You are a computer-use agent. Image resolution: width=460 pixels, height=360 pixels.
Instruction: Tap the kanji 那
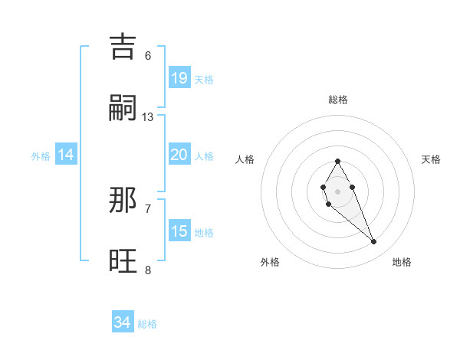[x=123, y=201]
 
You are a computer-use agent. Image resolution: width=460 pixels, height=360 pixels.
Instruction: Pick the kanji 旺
[x=123, y=263]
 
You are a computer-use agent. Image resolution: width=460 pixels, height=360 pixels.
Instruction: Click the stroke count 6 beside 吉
[x=148, y=55]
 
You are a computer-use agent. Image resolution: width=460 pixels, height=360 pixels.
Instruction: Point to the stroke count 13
[x=148, y=117]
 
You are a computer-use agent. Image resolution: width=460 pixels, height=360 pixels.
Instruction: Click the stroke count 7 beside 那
[x=148, y=208]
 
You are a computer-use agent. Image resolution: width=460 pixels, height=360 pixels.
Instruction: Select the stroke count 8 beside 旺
[x=148, y=270]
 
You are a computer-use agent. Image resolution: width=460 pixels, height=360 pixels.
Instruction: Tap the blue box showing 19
[x=179, y=77]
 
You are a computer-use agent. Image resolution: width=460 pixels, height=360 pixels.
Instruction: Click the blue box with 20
[x=179, y=155]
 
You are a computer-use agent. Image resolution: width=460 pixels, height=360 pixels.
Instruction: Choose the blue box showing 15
[x=179, y=231]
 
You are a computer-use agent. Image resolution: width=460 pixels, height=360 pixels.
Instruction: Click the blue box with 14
[x=66, y=155]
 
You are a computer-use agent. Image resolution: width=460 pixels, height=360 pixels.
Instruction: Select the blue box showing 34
[x=123, y=322]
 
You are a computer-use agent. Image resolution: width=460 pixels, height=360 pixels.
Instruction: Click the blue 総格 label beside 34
[x=147, y=324]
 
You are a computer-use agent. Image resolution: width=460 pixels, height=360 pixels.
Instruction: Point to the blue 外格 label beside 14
[x=41, y=156]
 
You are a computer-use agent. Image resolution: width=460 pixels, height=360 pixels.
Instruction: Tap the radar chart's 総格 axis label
[x=338, y=100]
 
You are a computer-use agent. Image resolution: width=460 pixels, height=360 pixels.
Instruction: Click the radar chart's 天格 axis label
[x=431, y=159]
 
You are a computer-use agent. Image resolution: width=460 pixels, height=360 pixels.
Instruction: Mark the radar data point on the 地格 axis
[x=374, y=242]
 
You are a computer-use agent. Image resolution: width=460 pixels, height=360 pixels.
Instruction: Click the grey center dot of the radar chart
[x=337, y=190]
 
